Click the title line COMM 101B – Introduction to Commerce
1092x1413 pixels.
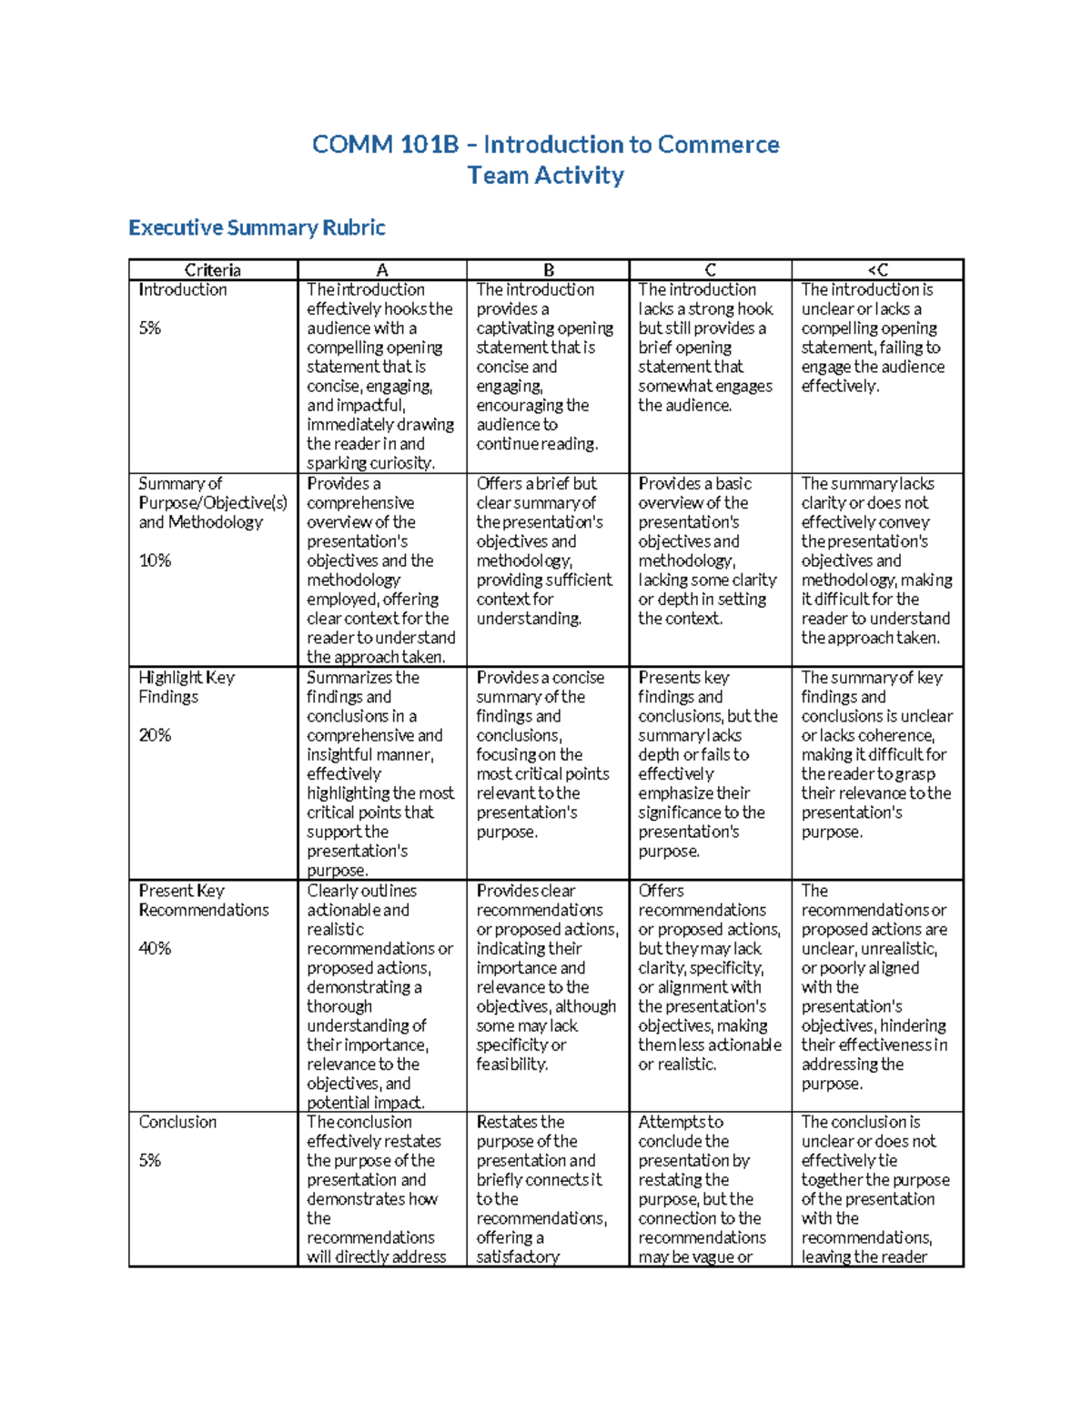click(x=545, y=145)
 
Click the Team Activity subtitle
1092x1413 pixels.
click(x=545, y=176)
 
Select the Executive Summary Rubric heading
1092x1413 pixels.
click(x=257, y=227)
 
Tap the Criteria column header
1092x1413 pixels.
click(x=213, y=270)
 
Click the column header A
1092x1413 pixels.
click(x=382, y=270)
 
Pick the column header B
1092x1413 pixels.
click(x=549, y=270)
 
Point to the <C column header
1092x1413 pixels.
click(x=877, y=270)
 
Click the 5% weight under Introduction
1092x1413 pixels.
click(x=150, y=328)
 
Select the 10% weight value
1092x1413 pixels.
click(x=155, y=560)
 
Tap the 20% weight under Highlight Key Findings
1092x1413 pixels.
click(x=155, y=735)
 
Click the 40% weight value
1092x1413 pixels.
click(x=155, y=948)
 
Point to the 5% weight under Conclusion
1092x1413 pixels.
click(x=150, y=1161)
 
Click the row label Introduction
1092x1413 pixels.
click(x=183, y=290)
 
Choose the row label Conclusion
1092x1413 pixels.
click(x=177, y=1123)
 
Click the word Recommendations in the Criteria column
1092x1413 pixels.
click(x=204, y=910)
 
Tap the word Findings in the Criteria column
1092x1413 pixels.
click(x=168, y=697)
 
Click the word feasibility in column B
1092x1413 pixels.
click(x=511, y=1065)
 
